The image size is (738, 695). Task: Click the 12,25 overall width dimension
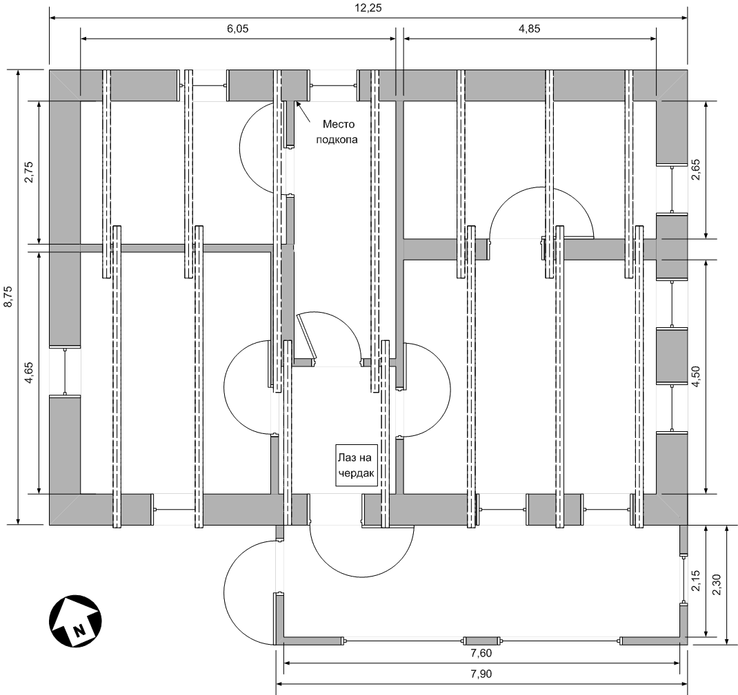click(x=368, y=8)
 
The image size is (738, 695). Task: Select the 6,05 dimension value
click(x=238, y=29)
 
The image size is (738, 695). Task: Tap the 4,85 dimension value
click(x=530, y=29)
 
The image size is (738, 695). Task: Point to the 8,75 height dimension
click(x=8, y=298)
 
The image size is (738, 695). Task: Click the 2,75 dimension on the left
click(x=29, y=172)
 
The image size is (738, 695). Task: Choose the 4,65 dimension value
click(x=29, y=373)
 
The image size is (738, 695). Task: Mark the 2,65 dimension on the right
click(x=696, y=169)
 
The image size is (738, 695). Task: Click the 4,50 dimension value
click(x=696, y=376)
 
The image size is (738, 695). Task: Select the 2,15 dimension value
click(x=696, y=581)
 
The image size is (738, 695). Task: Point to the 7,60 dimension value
click(x=481, y=654)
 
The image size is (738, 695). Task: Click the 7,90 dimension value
click(x=481, y=674)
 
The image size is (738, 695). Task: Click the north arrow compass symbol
click(x=75, y=621)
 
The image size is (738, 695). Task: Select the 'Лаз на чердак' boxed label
click(x=357, y=465)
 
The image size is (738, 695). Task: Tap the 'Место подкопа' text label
click(x=339, y=132)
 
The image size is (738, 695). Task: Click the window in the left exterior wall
click(x=64, y=371)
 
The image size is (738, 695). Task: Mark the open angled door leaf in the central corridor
click(x=307, y=338)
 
